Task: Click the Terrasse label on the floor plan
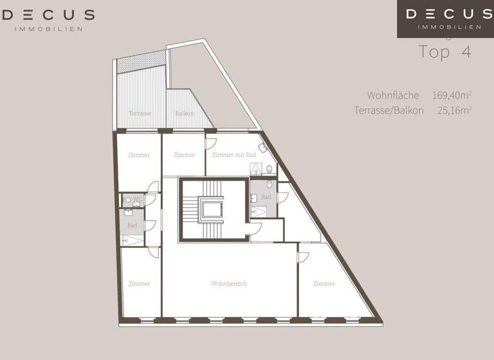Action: click(x=140, y=113)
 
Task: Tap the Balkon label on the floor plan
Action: click(x=185, y=113)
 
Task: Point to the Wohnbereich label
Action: click(x=229, y=283)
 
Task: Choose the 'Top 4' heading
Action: click(x=444, y=52)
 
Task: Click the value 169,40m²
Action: click(x=452, y=95)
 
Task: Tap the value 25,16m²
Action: click(x=455, y=110)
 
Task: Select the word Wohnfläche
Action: click(x=393, y=95)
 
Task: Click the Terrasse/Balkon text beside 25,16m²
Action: click(x=389, y=110)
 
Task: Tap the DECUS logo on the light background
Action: click(x=48, y=15)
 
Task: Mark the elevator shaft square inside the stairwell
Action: click(x=212, y=208)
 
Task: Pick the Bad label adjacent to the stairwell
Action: click(x=266, y=197)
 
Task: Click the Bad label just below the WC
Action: click(x=132, y=225)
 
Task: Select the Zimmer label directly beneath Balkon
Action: click(x=184, y=155)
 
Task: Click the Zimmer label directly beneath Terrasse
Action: click(x=139, y=155)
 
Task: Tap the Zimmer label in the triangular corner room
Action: click(x=324, y=283)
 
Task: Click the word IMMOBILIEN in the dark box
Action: click(x=449, y=27)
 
